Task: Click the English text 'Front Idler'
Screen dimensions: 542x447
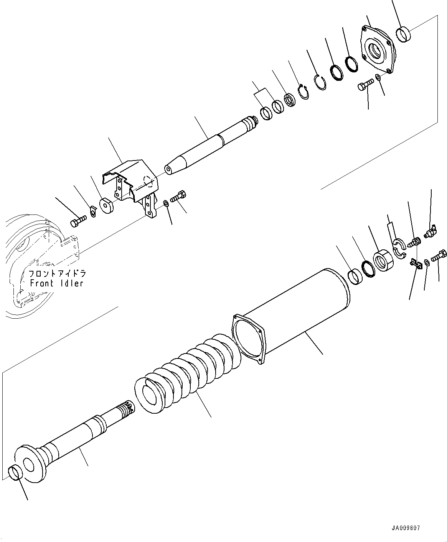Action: click(x=57, y=283)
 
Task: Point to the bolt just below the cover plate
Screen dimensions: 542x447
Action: click(x=366, y=85)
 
